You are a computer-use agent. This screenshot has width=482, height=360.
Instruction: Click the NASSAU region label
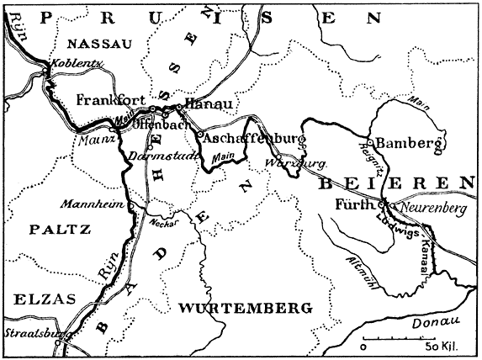click(99, 44)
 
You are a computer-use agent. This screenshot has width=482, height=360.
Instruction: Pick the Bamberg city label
click(408, 142)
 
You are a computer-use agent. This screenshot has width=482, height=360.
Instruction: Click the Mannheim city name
click(100, 204)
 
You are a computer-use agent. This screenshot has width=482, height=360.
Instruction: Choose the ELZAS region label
click(39, 298)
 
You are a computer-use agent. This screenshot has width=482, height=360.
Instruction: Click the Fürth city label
click(352, 204)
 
